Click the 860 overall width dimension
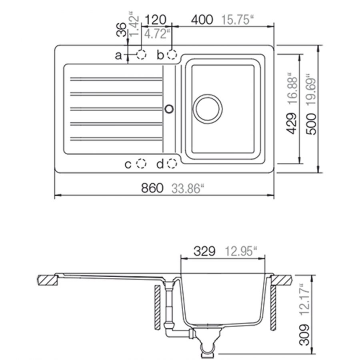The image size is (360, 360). click(152, 188)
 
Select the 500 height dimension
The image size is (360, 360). click(311, 124)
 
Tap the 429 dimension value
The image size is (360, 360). click(292, 123)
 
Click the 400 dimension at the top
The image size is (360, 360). click(202, 20)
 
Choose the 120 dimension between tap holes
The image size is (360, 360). click(156, 20)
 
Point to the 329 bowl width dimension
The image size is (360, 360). click(204, 251)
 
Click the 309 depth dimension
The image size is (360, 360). click(304, 335)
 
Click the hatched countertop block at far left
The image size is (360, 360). click(47, 280)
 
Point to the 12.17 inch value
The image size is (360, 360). click(304, 299)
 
